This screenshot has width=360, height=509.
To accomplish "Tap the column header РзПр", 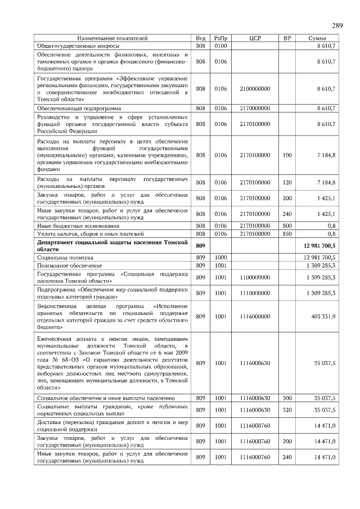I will click(x=220, y=38).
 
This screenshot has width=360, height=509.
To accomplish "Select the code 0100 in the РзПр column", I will click(x=220, y=44).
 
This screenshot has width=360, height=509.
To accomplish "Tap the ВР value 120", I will click(x=287, y=182).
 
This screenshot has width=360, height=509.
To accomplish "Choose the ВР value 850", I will click(x=287, y=233).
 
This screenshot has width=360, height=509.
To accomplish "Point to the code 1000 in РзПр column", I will click(x=220, y=256).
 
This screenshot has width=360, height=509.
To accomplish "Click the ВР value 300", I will click(x=287, y=398).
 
